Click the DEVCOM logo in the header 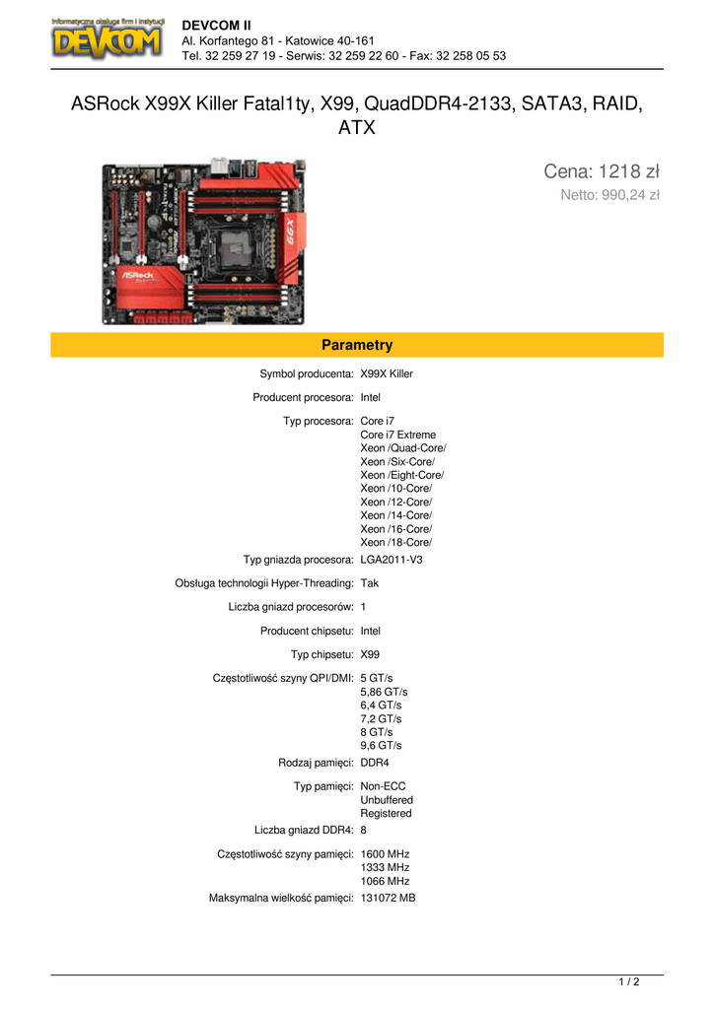[107, 39]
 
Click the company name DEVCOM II [216, 26]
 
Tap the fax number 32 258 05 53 [470, 56]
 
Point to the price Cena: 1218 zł [602, 171]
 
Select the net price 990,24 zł [630, 195]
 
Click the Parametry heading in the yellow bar [357, 345]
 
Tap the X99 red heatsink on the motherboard [291, 232]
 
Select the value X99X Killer [387, 373]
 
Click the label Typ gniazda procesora [298, 560]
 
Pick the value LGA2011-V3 [392, 560]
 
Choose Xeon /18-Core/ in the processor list [396, 543]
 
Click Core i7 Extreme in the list [398, 435]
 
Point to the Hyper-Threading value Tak [370, 583]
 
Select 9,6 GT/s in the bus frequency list [381, 746]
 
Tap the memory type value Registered [386, 813]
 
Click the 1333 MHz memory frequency [385, 867]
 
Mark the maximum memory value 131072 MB [388, 899]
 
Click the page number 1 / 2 [629, 982]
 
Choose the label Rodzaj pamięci [316, 764]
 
